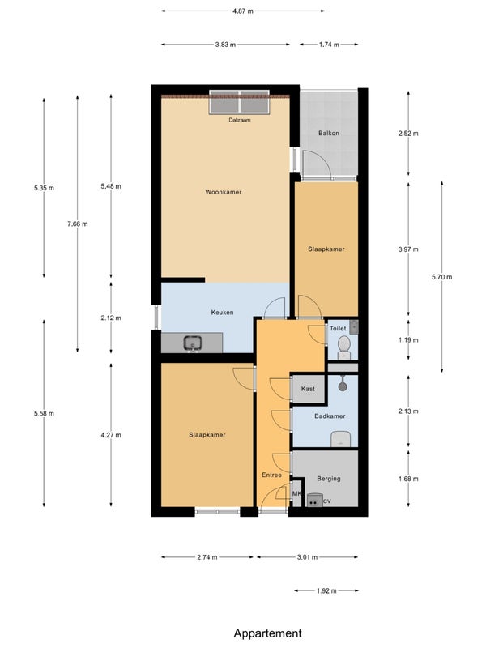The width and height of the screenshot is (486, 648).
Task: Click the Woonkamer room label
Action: tap(224, 192)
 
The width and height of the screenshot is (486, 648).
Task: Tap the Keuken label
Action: tap(222, 313)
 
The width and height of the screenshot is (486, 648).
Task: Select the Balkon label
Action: tap(329, 133)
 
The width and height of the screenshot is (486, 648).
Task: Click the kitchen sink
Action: tap(193, 343)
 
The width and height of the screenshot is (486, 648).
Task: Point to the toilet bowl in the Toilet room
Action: tap(343, 347)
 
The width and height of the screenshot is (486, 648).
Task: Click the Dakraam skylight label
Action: tap(240, 120)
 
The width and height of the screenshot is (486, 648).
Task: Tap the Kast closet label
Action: tap(308, 389)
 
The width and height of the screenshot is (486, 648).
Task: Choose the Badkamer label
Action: tap(330, 416)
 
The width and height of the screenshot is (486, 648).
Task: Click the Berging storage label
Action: tap(329, 479)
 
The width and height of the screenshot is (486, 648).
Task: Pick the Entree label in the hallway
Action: tap(271, 475)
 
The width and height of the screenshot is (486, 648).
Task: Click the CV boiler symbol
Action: tap(314, 500)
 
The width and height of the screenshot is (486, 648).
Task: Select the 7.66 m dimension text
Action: tap(78, 224)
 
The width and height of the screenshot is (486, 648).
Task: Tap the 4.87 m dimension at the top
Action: tap(242, 11)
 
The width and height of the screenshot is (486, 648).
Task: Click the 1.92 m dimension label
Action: tap(326, 591)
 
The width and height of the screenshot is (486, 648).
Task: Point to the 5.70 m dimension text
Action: tap(441, 277)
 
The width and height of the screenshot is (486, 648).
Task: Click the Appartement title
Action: tap(268, 633)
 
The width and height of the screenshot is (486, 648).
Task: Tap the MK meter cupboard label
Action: tap(296, 493)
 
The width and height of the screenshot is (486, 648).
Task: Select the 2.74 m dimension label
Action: tap(207, 557)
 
